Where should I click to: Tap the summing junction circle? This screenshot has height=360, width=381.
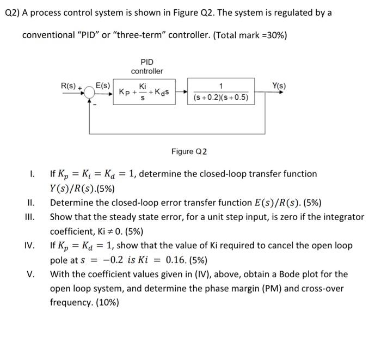coord(90,93)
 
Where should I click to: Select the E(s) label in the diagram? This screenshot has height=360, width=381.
coord(103,86)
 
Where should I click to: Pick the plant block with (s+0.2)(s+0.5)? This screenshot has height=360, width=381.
coord(221,92)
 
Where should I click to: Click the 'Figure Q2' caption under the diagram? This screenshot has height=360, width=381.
coord(189,151)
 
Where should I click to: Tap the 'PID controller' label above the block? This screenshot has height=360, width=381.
coord(147,66)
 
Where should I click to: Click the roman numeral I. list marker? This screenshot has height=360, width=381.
coord(32,174)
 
